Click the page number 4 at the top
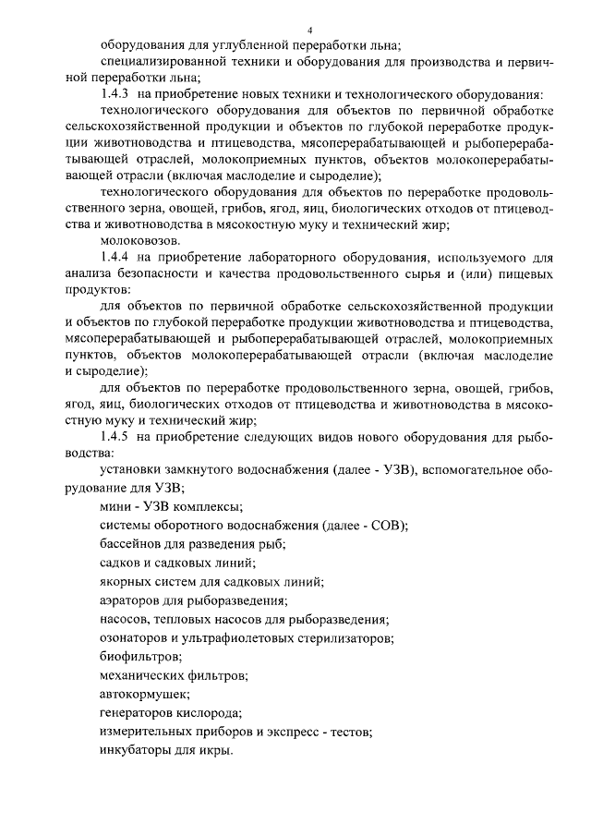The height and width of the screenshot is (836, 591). pos(309,30)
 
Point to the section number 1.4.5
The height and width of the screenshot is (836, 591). pos(114,437)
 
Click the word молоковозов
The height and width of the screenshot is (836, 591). pos(137,240)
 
